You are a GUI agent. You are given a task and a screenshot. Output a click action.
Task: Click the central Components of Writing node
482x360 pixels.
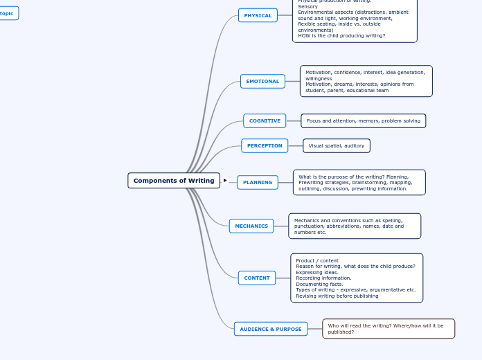coord(174,181)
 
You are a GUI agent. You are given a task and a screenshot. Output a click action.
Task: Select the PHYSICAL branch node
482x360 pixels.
coord(258,15)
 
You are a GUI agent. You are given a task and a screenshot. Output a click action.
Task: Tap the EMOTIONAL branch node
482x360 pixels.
coord(262,81)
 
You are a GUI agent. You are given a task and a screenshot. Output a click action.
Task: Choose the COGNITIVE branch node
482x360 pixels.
coord(265,120)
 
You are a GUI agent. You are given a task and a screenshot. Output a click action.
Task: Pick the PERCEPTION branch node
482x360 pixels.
coord(265,145)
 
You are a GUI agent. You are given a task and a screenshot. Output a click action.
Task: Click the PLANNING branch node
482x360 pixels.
coord(258,182)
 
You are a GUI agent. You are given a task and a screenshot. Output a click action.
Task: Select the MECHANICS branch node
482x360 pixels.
coord(251,226)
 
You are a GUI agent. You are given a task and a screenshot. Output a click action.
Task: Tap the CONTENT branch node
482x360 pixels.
coord(257,278)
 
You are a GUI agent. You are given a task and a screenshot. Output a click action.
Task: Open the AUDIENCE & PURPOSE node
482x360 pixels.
coord(271,329)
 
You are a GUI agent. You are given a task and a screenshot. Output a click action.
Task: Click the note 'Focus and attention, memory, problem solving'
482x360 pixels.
coord(364,120)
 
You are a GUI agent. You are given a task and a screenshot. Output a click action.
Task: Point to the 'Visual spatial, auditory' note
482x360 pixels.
coord(337,145)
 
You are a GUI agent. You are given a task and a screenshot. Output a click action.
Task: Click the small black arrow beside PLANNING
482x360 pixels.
coord(225,181)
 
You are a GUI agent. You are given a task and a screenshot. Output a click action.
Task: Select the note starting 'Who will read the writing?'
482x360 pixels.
coord(389,328)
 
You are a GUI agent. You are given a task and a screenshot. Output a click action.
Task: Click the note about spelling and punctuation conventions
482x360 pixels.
coord(355,226)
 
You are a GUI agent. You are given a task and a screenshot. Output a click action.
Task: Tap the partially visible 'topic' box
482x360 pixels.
coord(8,13)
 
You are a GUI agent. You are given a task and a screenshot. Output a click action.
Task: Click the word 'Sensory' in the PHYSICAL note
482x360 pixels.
coord(308,6)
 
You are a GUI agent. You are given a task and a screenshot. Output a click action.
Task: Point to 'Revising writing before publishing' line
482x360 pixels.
coord(337,296)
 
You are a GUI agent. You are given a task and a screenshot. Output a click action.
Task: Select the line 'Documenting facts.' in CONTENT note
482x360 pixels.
coord(319,284)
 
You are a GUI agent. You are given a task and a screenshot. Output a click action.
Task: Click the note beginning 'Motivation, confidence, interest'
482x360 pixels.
coord(366,81)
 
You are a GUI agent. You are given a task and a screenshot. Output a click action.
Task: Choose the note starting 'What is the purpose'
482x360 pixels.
coord(359,182)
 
